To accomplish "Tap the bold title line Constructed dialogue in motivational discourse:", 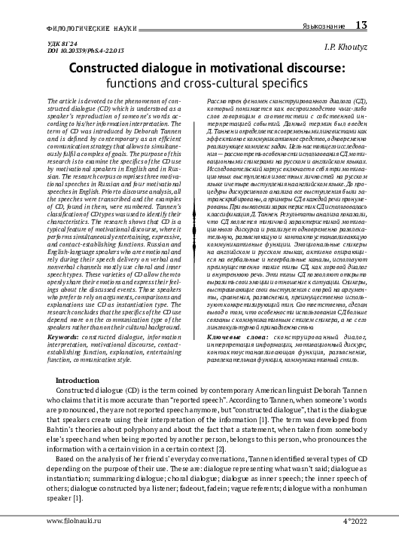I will (199, 69).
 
